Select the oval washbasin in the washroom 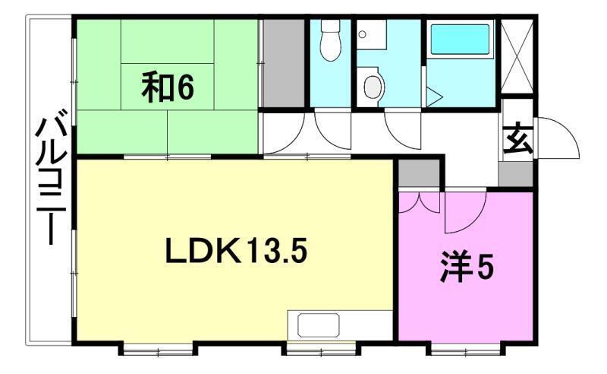tap(373, 86)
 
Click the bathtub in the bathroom tap(460, 40)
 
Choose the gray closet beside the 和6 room tap(282, 64)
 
